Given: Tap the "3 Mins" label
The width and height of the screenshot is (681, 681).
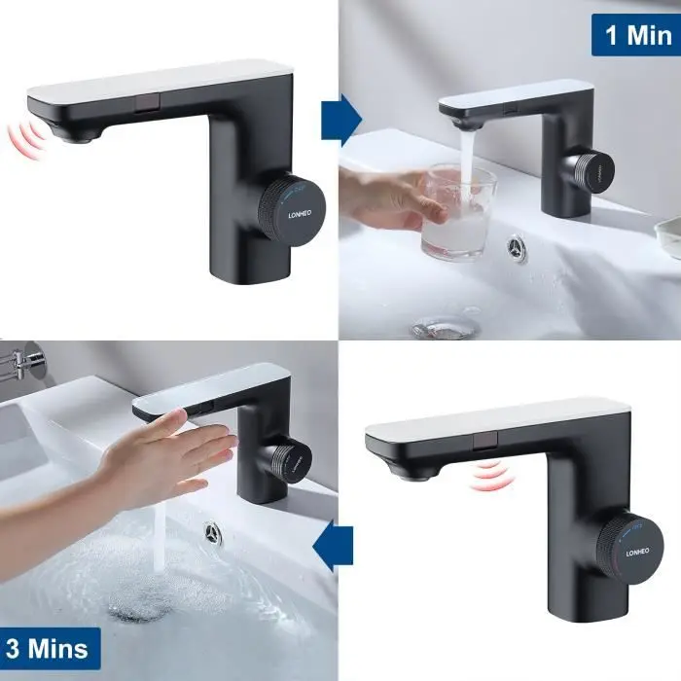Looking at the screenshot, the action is pyautogui.click(x=47, y=648).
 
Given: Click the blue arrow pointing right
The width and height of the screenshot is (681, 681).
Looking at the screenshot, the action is pyautogui.click(x=341, y=121).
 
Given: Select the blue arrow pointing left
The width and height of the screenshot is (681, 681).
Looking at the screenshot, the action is pyautogui.click(x=333, y=546).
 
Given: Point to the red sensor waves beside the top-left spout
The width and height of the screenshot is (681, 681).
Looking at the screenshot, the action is pyautogui.click(x=27, y=136).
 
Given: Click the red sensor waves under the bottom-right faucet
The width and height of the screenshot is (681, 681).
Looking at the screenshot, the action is pyautogui.click(x=493, y=477).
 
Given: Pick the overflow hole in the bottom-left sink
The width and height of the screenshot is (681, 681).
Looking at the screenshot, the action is pyautogui.click(x=213, y=533).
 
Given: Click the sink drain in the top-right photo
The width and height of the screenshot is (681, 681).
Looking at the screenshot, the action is pyautogui.click(x=445, y=325).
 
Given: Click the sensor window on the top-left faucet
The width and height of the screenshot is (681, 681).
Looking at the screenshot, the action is pyautogui.click(x=148, y=103).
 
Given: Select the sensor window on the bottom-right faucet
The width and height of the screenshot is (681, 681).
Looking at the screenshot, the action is pyautogui.click(x=485, y=441).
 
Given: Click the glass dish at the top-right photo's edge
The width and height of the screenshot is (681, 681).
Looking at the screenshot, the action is pyautogui.click(x=668, y=236).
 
